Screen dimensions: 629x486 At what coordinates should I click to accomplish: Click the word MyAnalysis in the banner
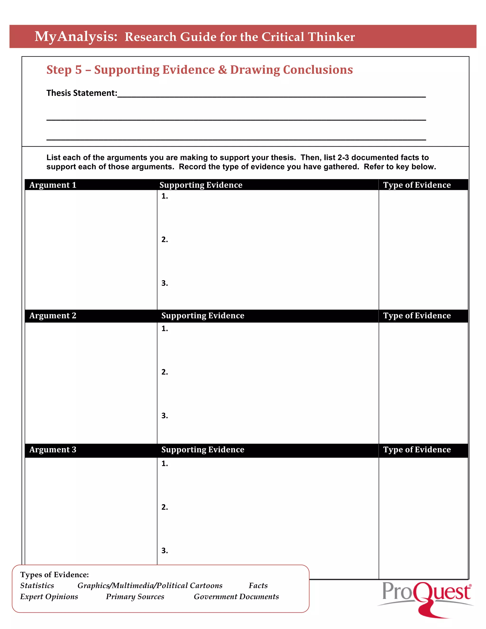coord(76,37)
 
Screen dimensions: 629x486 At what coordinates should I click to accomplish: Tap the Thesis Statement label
coord(82,93)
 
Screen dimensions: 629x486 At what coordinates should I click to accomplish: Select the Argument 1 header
coord(53,185)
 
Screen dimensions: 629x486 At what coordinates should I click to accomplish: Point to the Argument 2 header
coord(53,316)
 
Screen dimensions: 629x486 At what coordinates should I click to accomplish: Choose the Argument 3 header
coord(53,450)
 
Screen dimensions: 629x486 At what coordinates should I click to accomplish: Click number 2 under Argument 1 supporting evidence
coord(164,240)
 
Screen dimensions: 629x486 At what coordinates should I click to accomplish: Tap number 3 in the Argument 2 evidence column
coord(164,416)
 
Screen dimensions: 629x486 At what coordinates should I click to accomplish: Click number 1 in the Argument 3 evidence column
coord(164,463)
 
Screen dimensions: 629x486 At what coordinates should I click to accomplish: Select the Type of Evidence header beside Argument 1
coord(417,185)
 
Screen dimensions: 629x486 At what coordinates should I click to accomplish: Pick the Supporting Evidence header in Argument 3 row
coord(202,450)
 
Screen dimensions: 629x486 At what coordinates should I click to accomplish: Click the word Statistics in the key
coord(37,586)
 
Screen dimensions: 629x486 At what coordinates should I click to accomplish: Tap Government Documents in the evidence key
coord(236,596)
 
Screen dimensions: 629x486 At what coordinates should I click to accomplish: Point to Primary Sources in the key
coord(135,596)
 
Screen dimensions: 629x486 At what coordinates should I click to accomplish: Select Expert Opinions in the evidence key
coord(49,596)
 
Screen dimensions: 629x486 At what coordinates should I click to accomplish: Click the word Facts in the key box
coord(258,586)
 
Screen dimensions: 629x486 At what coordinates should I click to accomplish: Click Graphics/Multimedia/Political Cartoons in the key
coord(150,586)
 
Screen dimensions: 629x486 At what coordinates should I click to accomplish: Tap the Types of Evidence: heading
coord(54,575)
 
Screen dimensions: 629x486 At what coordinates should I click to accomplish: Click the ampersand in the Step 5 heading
coord(222,70)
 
